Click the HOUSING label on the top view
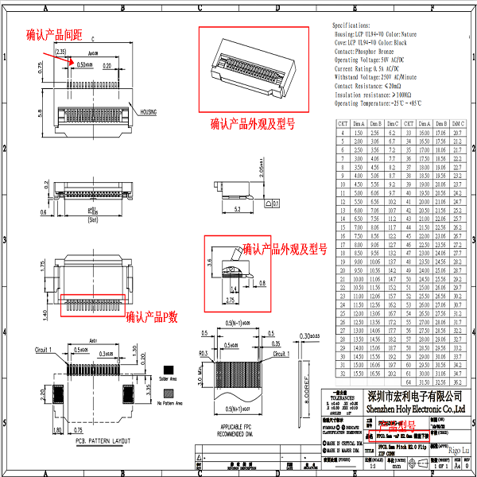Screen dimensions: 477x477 150,112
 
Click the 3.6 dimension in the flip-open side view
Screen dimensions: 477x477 208,260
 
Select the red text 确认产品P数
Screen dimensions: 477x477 153,316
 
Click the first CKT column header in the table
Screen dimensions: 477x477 342,124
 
